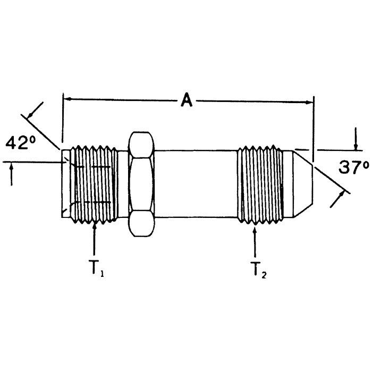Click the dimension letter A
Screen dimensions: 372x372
pos(187,100)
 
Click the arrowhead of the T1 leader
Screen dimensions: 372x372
pos(95,226)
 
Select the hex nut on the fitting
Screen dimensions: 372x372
pos(141,184)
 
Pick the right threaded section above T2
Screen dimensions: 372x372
pos(260,184)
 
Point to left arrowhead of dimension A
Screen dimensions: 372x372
pos(67,99)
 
